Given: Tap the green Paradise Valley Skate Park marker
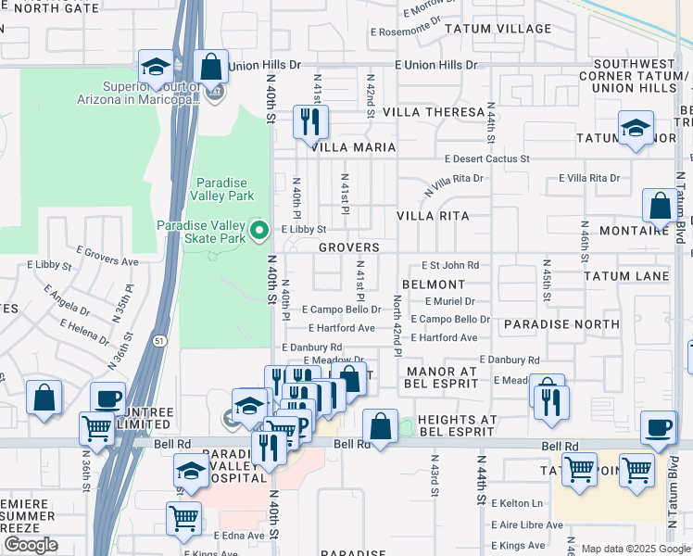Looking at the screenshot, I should pos(260,231).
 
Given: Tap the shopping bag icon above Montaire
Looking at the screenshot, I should pos(660,207).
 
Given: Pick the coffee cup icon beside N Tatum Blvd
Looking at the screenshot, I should pos(659,428).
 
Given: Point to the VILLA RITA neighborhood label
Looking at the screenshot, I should pos(433,216).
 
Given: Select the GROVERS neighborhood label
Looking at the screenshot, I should pos(348,248).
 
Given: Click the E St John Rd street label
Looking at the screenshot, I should pos(450,266).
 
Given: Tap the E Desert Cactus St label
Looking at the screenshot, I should pos(485,159).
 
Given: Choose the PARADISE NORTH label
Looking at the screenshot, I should pos(561,325).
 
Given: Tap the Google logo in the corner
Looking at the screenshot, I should pos(31,545).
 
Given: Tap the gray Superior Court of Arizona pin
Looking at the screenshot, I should pos(215,94).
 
